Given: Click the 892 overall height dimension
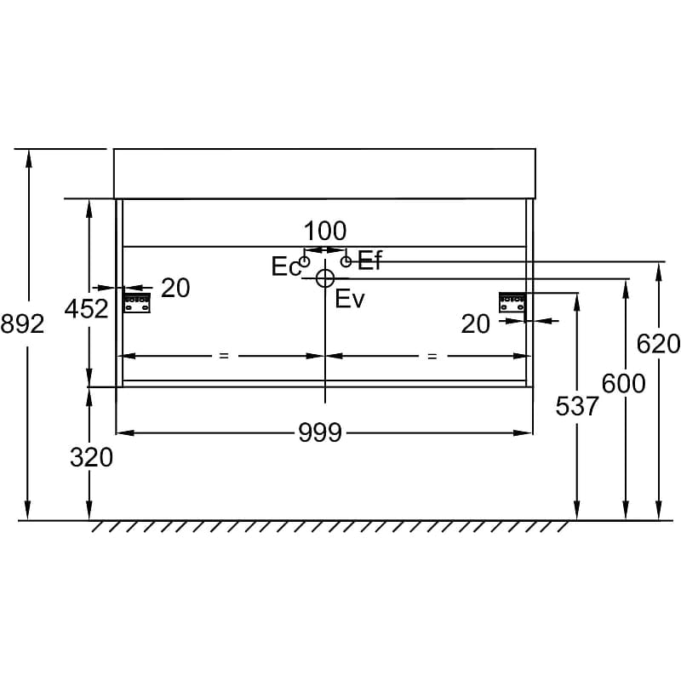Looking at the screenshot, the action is (x=23, y=324).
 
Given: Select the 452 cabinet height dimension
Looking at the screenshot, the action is (x=87, y=309).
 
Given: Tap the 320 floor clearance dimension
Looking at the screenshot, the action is (x=92, y=458).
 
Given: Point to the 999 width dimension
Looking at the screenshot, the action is (x=320, y=433).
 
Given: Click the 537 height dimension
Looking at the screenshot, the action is (x=577, y=407).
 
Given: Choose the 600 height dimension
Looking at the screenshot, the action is (x=624, y=384).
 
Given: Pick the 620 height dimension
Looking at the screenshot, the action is (x=658, y=345).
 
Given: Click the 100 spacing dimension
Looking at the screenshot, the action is (x=325, y=231).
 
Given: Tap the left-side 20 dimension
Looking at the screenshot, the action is (x=175, y=288).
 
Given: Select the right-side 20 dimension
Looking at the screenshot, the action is (x=476, y=324).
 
